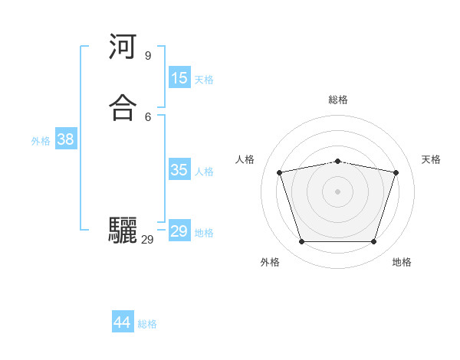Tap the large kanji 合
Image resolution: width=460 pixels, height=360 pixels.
(123, 108)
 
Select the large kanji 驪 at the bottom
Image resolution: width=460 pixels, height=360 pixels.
(123, 231)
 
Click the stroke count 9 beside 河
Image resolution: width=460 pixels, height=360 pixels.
(147, 55)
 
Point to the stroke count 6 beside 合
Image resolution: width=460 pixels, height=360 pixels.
(147, 116)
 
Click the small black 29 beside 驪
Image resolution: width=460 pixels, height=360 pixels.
(147, 240)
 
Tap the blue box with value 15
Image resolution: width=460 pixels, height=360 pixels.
(179, 78)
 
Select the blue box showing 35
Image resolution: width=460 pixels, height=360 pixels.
(179, 170)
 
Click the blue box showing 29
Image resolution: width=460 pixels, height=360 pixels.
(179, 231)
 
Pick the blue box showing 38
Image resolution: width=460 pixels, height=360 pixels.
(66, 139)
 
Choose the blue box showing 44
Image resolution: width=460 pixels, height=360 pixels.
(123, 322)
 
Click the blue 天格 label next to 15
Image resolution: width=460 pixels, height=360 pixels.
(204, 79)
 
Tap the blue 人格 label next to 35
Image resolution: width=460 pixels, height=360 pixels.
(204, 171)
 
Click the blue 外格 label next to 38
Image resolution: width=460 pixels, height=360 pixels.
(41, 140)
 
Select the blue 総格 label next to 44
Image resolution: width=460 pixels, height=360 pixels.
(147, 324)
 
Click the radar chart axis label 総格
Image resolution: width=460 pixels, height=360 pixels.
(338, 100)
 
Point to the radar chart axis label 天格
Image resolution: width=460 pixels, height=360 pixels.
(431, 159)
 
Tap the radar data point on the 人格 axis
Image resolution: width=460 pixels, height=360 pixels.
(280, 173)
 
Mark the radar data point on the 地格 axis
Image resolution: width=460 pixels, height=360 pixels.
(373, 242)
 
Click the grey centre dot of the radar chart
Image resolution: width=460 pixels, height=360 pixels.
(338, 191)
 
